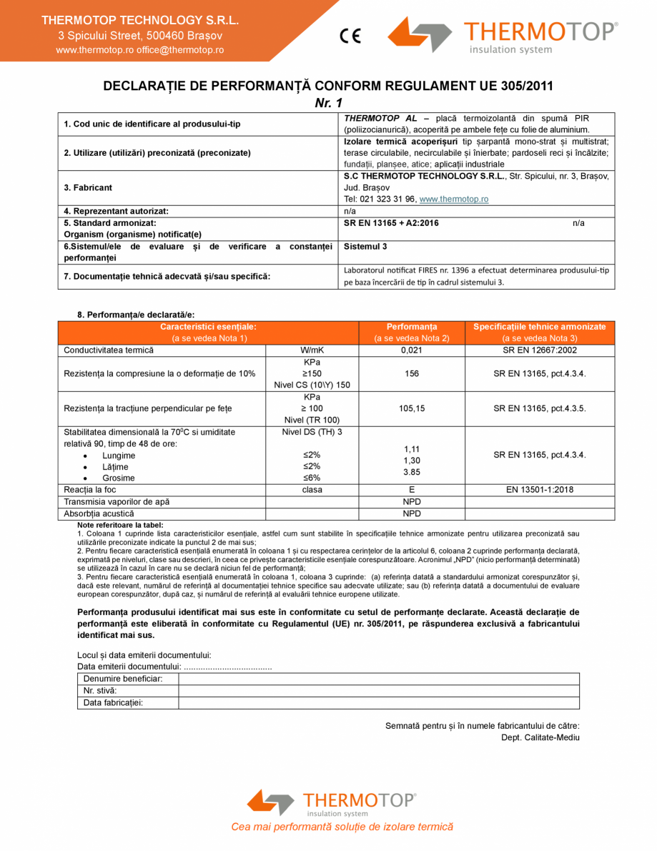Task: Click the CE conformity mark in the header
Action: tap(350, 35)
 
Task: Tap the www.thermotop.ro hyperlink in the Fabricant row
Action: tap(453, 199)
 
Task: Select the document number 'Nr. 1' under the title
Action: tap(328, 103)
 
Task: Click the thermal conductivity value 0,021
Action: tap(411, 350)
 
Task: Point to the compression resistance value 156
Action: tap(411, 373)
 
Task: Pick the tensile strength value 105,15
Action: tap(411, 408)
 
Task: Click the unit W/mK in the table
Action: tap(312, 350)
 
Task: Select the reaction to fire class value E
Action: tap(411, 490)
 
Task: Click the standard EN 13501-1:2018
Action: tap(540, 490)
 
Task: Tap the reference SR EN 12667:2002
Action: tap(540, 350)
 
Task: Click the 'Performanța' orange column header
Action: tap(411, 327)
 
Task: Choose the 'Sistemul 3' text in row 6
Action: tap(365, 246)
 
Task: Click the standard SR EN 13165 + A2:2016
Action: tap(391, 223)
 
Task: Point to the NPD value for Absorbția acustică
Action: tap(411, 513)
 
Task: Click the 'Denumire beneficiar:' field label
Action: tap(123, 678)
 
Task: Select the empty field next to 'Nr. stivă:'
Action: tap(378, 691)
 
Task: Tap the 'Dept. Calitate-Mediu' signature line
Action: tap(540, 737)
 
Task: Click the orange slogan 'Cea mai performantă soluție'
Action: tap(342, 827)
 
